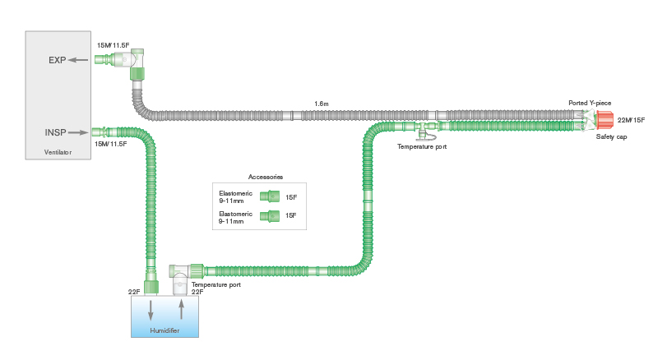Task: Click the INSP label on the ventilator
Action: coord(54,132)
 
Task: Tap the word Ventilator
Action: coord(58,152)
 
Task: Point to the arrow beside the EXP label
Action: coord(78,60)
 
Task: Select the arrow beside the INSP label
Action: coord(79,132)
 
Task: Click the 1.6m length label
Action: coord(322,104)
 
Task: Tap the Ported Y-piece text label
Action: coord(590,104)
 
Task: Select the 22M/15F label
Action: coord(631,120)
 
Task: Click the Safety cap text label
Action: coord(611,136)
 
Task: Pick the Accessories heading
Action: coord(266,177)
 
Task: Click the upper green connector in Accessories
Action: coord(270,196)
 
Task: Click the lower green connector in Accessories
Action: coord(270,217)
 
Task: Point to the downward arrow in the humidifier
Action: coord(150,309)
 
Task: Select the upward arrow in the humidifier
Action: coord(181,309)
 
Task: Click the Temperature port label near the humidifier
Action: coord(215,284)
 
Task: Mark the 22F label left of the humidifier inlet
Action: coord(134,292)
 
